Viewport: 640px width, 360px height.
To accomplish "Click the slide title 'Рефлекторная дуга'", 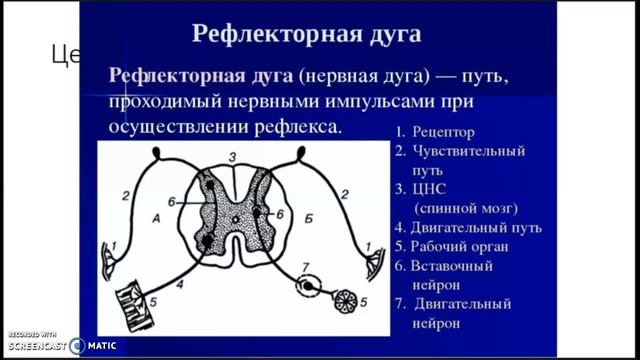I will pos(305,34).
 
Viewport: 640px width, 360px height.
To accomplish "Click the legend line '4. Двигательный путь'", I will pos(467,227).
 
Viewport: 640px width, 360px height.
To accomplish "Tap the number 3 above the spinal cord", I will pos(231,157).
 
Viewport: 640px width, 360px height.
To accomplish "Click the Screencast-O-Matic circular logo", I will pos(77,345).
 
